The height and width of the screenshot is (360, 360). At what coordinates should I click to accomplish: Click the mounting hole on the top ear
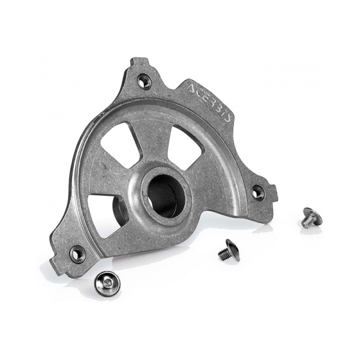coord(144,81)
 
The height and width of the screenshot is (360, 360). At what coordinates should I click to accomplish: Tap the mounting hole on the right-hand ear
coord(257,193)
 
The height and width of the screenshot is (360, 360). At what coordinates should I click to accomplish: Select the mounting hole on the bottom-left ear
coord(77,254)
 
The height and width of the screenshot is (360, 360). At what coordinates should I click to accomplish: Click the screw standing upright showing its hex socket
coord(106,281)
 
